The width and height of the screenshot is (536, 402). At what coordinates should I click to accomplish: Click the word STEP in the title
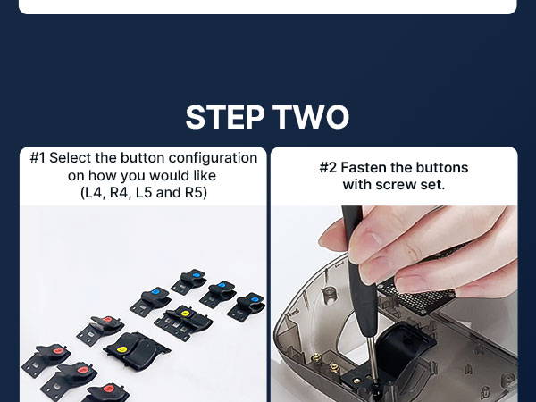coord(225,117)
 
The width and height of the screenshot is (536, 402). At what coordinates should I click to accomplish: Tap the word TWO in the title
coord(311,117)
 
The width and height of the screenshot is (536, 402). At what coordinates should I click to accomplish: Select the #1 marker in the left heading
coord(38,158)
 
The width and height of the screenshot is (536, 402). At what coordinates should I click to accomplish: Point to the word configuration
coord(213,159)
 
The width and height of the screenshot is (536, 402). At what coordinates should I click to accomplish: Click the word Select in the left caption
coord(70,158)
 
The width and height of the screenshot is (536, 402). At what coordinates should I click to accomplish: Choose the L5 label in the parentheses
coord(144,193)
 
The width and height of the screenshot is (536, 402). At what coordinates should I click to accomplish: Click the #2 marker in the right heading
coord(328,168)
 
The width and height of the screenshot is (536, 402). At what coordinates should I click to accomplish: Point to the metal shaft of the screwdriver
coord(373,358)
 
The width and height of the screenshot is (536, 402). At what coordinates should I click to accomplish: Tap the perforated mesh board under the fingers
coord(415,297)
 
